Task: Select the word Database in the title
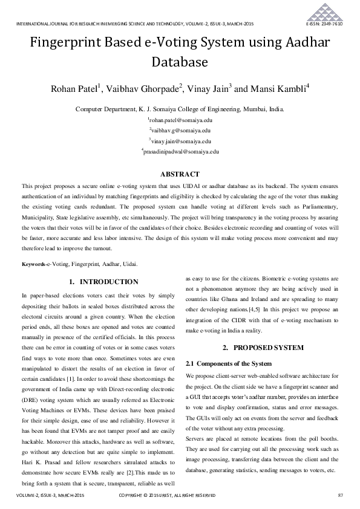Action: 180,62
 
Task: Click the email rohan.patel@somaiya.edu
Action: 180,120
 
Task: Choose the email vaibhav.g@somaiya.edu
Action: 180,130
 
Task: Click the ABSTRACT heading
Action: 180,173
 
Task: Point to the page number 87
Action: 341,495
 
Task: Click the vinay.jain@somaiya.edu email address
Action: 180,140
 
